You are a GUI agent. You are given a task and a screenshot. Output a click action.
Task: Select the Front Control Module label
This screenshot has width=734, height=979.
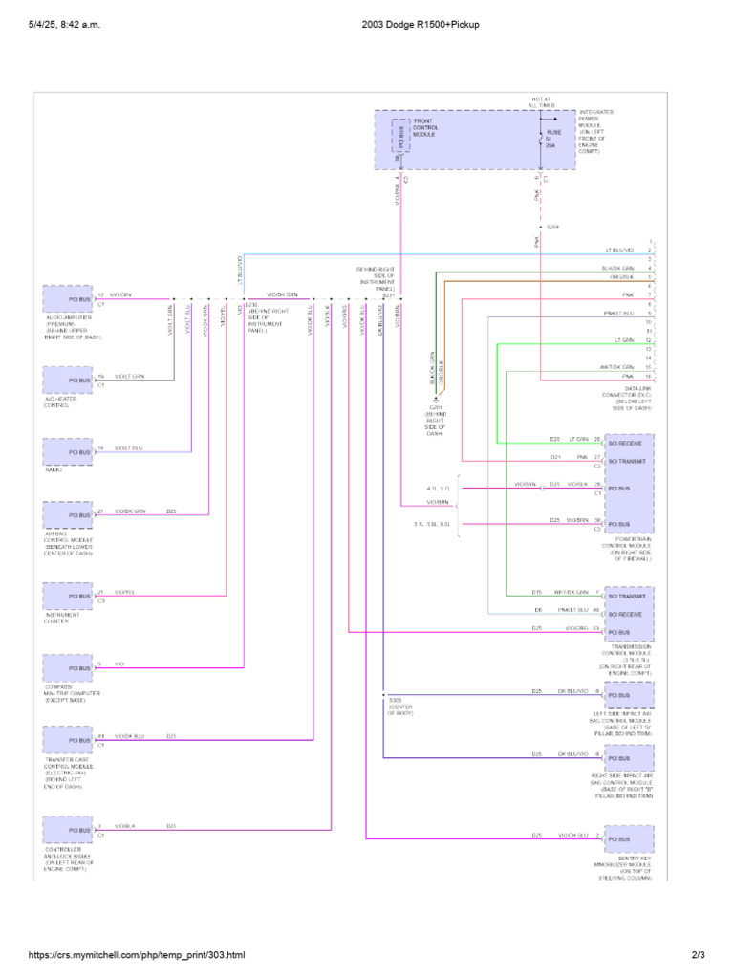(x=424, y=128)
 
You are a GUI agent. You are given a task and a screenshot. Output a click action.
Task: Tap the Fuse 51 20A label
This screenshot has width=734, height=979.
(x=550, y=139)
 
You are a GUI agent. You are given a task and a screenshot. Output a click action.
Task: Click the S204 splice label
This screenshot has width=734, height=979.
(x=552, y=227)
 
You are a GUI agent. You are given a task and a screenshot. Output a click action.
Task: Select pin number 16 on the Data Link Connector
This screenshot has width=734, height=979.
(x=649, y=377)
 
